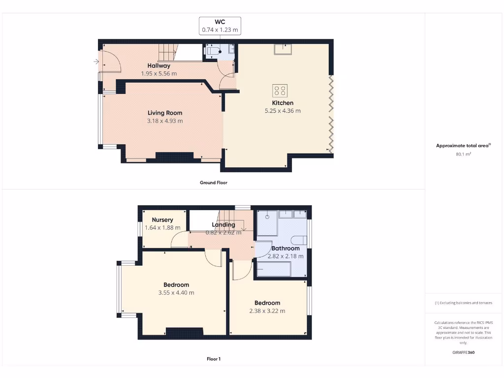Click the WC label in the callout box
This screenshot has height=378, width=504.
point(220,22)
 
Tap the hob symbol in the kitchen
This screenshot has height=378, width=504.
point(280,91)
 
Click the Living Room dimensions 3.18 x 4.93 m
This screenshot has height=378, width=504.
point(165,121)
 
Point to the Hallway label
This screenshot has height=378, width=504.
point(159,65)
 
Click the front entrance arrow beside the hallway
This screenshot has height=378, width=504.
point(95,62)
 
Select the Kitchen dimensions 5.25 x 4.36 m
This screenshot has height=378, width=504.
point(283,111)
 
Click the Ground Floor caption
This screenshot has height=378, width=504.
point(213,183)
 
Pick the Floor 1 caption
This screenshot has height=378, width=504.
point(213,359)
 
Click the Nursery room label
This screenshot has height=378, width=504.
point(162,220)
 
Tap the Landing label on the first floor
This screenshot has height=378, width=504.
point(223,224)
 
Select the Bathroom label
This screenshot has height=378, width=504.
point(285,248)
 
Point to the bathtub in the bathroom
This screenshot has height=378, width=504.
point(274,269)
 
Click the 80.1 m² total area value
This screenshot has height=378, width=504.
point(463,154)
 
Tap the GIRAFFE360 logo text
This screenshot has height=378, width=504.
point(463,352)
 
